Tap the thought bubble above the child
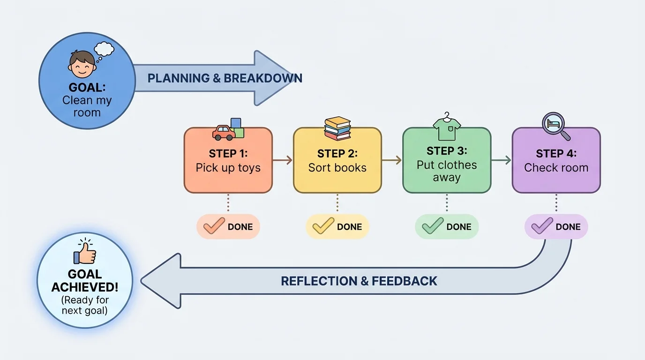(x=104, y=49)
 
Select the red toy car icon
(x=224, y=133)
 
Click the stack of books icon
(x=337, y=128)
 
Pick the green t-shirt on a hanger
(x=447, y=127)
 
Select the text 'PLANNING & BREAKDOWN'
(x=225, y=78)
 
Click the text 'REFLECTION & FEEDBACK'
(x=359, y=281)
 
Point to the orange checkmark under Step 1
(x=214, y=226)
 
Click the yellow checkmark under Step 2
(x=323, y=226)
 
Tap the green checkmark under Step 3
(x=433, y=226)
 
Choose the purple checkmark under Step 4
(x=542, y=226)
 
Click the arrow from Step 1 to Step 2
(x=283, y=160)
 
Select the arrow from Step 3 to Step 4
(x=501, y=160)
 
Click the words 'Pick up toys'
(x=228, y=168)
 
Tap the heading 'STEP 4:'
(x=556, y=154)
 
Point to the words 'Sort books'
(x=337, y=168)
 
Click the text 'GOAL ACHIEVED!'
(x=85, y=280)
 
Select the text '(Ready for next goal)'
(x=85, y=305)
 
